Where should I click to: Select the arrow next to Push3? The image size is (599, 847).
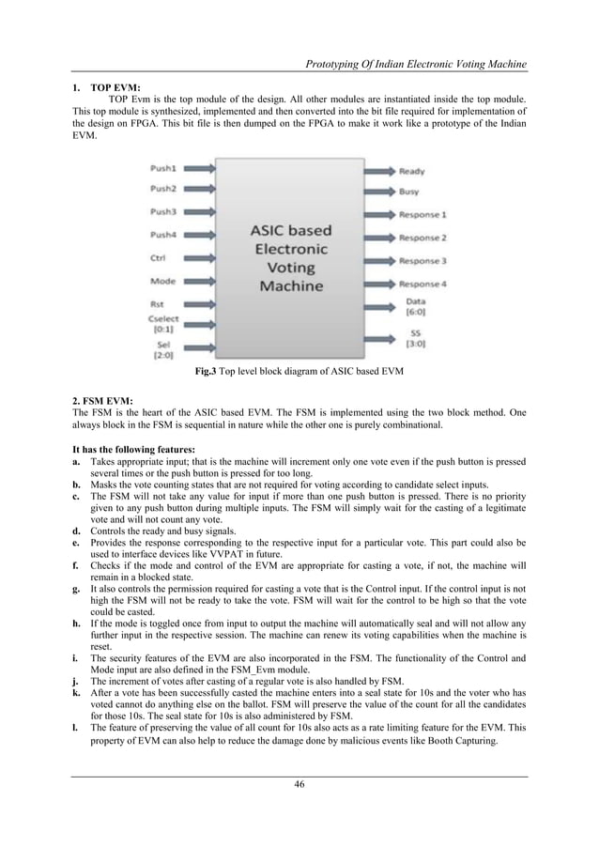tap(201, 212)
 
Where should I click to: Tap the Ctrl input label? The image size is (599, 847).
tap(160, 257)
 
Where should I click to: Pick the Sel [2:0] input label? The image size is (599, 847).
tap(163, 351)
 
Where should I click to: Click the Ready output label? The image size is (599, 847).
tap(411, 172)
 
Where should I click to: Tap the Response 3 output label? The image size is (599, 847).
tap(422, 261)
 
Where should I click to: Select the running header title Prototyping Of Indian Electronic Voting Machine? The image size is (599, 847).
tap(410, 64)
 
